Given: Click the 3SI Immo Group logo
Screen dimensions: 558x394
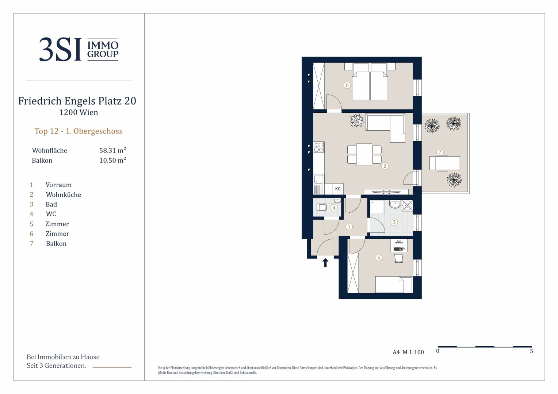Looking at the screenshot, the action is (79, 49).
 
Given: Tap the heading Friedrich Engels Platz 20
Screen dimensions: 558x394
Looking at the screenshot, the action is (77, 101).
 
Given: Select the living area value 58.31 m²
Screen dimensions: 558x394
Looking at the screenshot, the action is (112, 150).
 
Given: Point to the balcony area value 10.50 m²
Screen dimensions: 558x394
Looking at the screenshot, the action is (112, 160).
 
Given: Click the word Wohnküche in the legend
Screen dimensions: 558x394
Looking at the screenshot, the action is (63, 195).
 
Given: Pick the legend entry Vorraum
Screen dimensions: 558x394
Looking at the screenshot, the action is (58, 185).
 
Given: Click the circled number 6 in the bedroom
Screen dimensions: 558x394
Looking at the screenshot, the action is (347, 85).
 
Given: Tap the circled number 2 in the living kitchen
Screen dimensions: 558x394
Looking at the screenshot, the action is (385, 166).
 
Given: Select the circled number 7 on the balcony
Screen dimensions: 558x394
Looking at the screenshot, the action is (440, 152).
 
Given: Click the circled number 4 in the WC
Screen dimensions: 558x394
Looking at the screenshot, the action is (334, 208).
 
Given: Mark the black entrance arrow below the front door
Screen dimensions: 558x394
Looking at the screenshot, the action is (325, 263).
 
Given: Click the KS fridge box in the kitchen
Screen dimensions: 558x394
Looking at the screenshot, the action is (338, 189).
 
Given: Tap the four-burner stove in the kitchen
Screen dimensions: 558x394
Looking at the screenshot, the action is (318, 147).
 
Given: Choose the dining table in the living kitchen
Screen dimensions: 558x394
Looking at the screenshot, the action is (364, 154).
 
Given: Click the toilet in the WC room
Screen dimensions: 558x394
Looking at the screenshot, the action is (321, 207).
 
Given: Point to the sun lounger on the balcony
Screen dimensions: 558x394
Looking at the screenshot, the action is (445, 163).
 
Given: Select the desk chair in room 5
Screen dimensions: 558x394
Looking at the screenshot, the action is (399, 258).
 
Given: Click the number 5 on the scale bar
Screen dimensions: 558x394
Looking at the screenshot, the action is (531, 351).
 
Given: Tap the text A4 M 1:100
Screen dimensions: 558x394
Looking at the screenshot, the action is (408, 352).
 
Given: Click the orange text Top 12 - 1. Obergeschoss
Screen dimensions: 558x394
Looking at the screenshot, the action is (79, 131).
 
